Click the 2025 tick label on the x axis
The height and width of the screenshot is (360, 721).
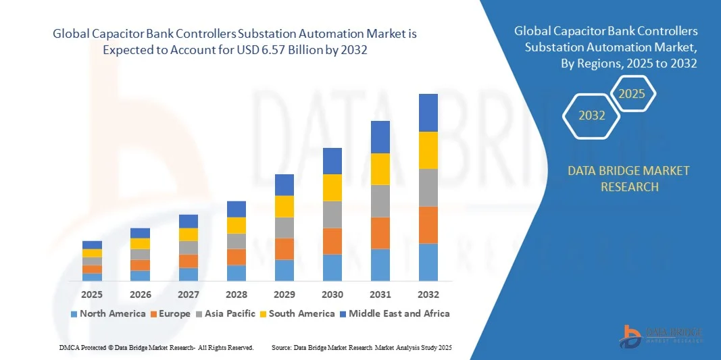(92, 294)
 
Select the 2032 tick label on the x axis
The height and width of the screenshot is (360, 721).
(428, 294)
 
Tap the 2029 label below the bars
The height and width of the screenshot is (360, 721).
(284, 294)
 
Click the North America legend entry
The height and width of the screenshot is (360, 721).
(108, 313)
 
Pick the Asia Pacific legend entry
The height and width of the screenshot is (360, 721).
(226, 313)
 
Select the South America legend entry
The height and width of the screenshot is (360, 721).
(297, 313)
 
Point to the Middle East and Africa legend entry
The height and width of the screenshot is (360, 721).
(395, 313)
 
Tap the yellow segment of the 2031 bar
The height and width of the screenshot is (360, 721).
(380, 169)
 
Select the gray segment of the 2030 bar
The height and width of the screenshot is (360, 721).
(332, 214)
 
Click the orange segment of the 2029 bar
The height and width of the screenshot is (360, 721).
(284, 249)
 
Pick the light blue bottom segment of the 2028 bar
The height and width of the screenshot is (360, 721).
(237, 273)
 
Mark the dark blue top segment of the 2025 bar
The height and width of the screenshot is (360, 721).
(92, 245)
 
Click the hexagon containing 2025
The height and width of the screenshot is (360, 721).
(632, 94)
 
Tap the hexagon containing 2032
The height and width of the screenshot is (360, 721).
(592, 115)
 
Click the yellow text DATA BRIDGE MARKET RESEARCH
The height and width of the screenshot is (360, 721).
(629, 178)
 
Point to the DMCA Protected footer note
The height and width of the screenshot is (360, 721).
(156, 347)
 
